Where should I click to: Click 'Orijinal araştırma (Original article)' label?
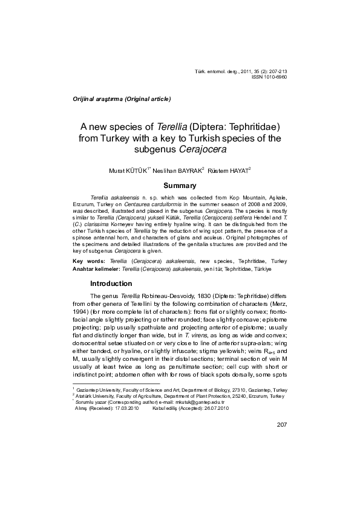122,97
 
